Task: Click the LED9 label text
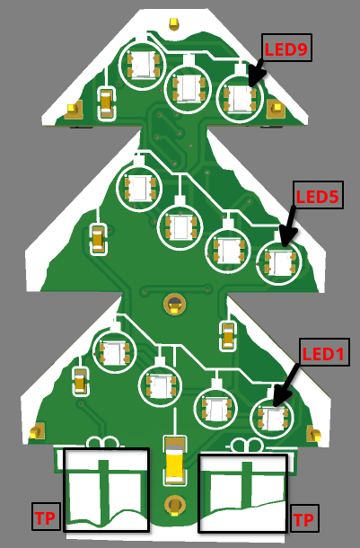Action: tap(286, 49)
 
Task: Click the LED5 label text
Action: tap(318, 197)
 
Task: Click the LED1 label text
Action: tap(323, 354)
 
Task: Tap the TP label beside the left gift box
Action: tap(46, 517)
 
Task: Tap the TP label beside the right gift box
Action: tap(303, 520)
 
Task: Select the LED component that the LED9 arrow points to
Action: tap(240, 98)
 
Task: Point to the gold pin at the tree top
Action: tap(173, 23)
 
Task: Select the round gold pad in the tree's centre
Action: tap(174, 304)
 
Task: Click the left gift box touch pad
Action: tap(106, 490)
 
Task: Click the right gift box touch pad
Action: tap(243, 493)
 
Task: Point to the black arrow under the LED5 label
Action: tap(288, 226)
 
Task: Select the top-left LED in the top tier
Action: tap(143, 65)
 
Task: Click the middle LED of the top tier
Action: tap(189, 88)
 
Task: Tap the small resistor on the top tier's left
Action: tap(107, 103)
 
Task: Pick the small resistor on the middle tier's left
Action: tap(98, 240)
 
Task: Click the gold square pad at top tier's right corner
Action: tap(276, 109)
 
